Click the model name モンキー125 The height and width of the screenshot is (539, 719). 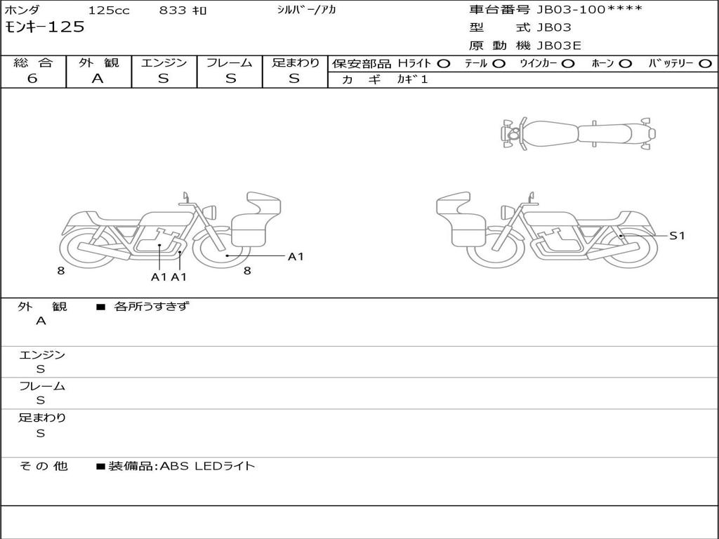(44, 27)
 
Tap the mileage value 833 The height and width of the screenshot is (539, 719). (173, 10)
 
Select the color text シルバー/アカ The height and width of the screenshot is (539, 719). (306, 10)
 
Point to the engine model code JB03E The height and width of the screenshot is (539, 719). (559, 46)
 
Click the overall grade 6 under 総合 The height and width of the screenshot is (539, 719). (32, 79)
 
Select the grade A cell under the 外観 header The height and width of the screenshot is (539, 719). (98, 79)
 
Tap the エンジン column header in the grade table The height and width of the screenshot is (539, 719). (164, 62)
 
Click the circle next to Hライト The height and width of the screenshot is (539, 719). (444, 64)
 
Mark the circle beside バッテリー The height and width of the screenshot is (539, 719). (706, 64)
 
